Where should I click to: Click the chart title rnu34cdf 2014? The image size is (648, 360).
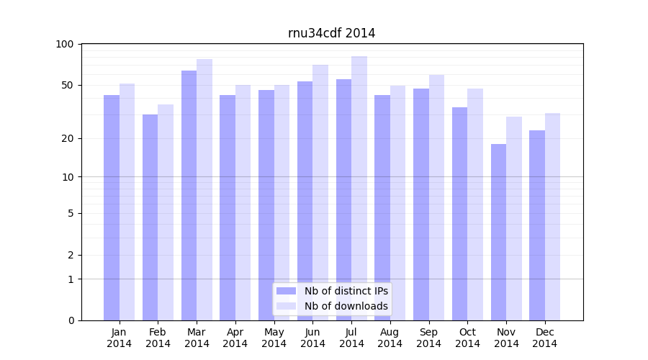point(331,33)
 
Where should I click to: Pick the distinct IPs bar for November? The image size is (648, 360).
point(498,232)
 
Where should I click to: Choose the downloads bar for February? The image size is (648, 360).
point(166,212)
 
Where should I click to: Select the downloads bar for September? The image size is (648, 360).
point(436,197)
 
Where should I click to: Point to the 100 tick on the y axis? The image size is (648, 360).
point(65,45)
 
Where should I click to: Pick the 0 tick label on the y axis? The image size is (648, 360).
point(71,320)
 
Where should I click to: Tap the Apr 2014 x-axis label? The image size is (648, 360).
point(235,338)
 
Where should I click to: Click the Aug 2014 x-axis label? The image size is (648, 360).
point(390,338)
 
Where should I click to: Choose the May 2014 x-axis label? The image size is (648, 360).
point(274,338)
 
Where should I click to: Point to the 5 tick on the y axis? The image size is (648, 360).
point(71,213)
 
